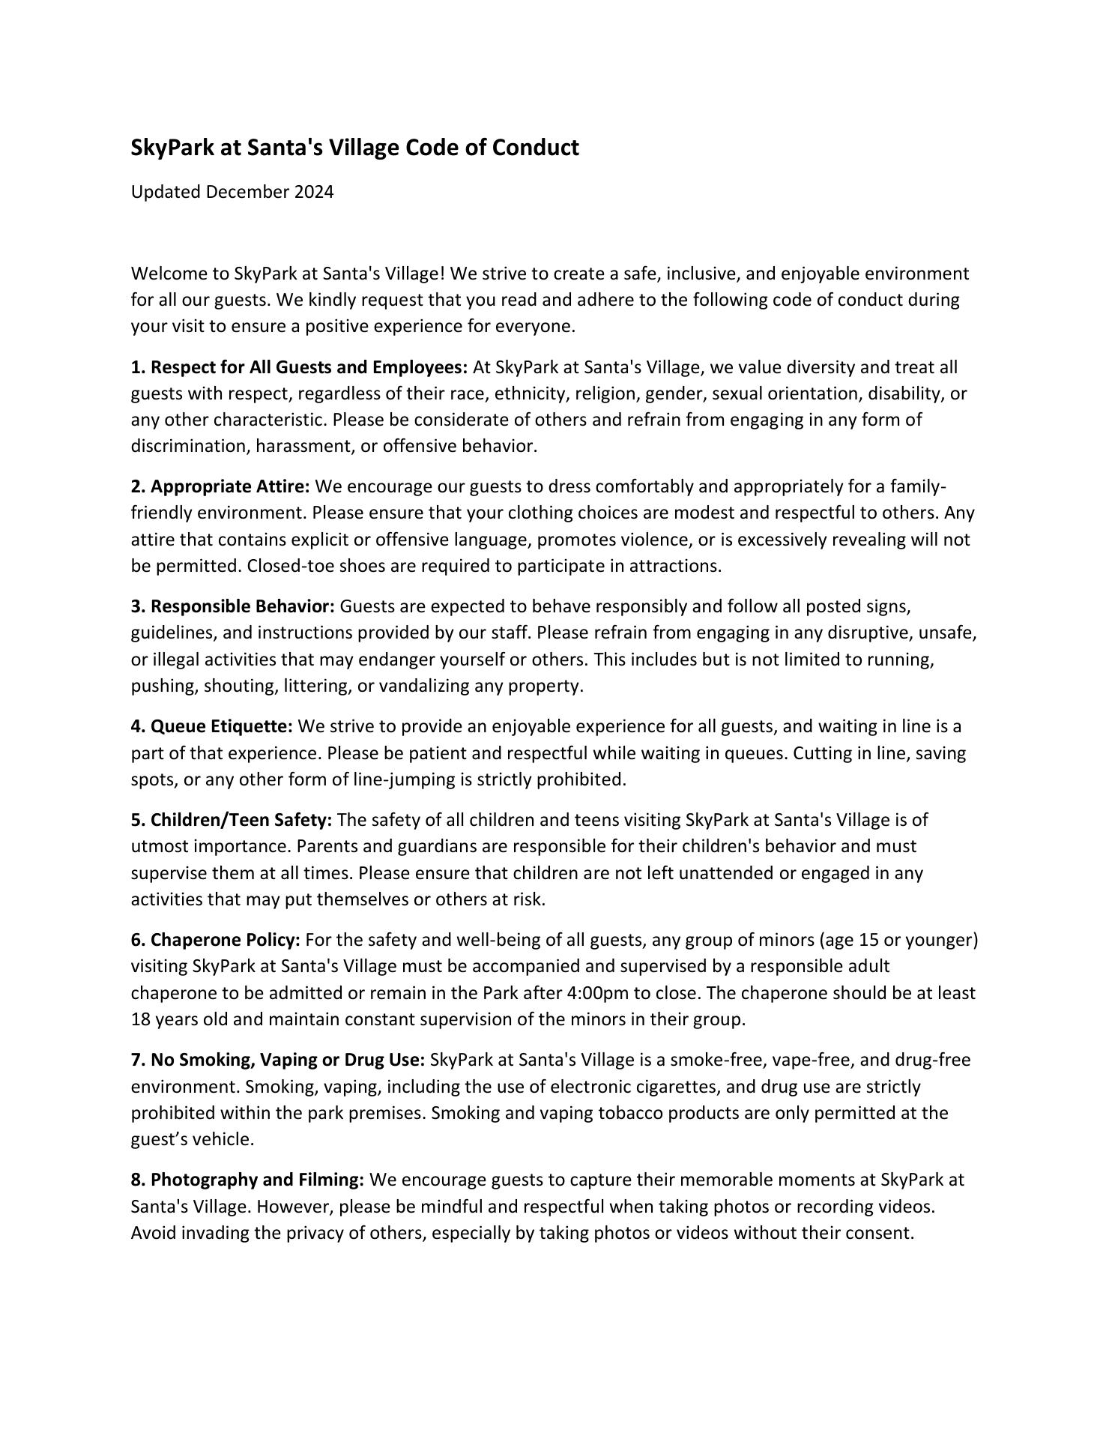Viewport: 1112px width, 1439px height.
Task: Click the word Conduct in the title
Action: tap(535, 148)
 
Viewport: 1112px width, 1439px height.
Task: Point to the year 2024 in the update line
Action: tap(314, 192)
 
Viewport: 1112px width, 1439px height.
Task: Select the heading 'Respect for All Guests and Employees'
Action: tap(300, 367)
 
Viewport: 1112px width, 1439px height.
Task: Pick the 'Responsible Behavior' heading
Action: tap(233, 606)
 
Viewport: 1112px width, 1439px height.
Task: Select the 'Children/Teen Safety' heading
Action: tap(232, 820)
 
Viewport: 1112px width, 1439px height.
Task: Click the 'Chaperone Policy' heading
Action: tap(216, 940)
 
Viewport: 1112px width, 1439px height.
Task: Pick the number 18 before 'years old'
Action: tap(141, 1019)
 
